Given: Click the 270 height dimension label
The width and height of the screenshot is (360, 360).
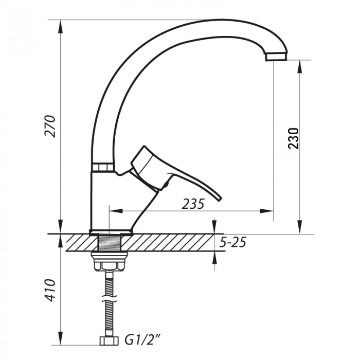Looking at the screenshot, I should click(x=50, y=125).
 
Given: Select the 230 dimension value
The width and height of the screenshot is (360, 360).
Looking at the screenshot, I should click(x=293, y=137).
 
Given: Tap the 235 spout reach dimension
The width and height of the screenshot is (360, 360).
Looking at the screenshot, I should click(x=193, y=204).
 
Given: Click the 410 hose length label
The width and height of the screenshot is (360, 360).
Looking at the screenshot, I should click(x=50, y=291).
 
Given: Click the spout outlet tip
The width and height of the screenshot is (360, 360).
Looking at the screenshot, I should click(x=276, y=56).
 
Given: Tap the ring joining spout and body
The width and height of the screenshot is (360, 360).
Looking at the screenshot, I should click(x=103, y=168).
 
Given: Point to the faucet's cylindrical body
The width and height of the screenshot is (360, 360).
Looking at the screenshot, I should click(x=105, y=201).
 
